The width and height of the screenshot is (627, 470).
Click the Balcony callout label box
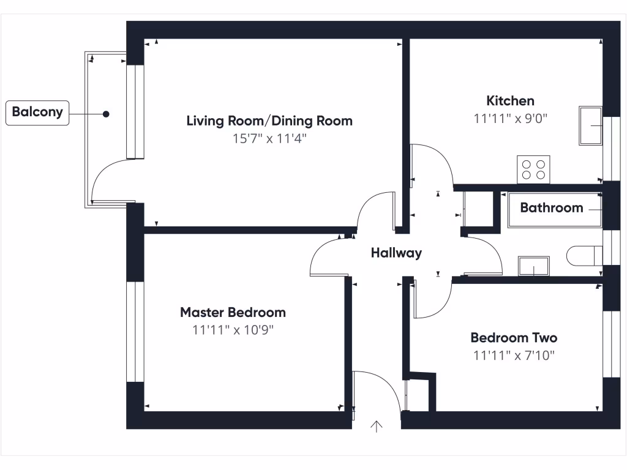(x=37, y=113)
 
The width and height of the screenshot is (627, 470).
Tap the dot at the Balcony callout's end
(x=106, y=114)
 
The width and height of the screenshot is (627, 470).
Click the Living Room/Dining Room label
(x=269, y=121)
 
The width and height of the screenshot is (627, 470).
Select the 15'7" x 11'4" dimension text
(x=269, y=139)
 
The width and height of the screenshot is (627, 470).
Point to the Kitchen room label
(x=510, y=101)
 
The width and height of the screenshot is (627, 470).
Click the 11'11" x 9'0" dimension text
(x=510, y=119)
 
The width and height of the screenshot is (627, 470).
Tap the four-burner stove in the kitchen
(x=533, y=170)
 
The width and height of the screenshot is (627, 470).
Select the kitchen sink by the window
(x=591, y=125)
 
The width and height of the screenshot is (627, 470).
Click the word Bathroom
(x=552, y=208)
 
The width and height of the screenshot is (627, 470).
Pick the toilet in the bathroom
(x=584, y=256)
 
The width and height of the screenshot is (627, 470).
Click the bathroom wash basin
(x=534, y=266)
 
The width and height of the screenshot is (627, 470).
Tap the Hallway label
(x=396, y=253)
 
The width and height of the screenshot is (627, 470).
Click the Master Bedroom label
(x=233, y=312)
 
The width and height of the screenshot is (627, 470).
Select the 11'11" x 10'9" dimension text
(x=233, y=330)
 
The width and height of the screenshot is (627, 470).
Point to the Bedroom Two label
(x=514, y=338)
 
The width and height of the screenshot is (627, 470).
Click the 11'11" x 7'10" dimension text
(x=514, y=356)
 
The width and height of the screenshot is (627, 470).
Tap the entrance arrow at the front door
(x=377, y=427)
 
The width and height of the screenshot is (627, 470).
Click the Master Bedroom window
(x=135, y=332)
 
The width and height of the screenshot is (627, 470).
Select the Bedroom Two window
(x=612, y=344)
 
